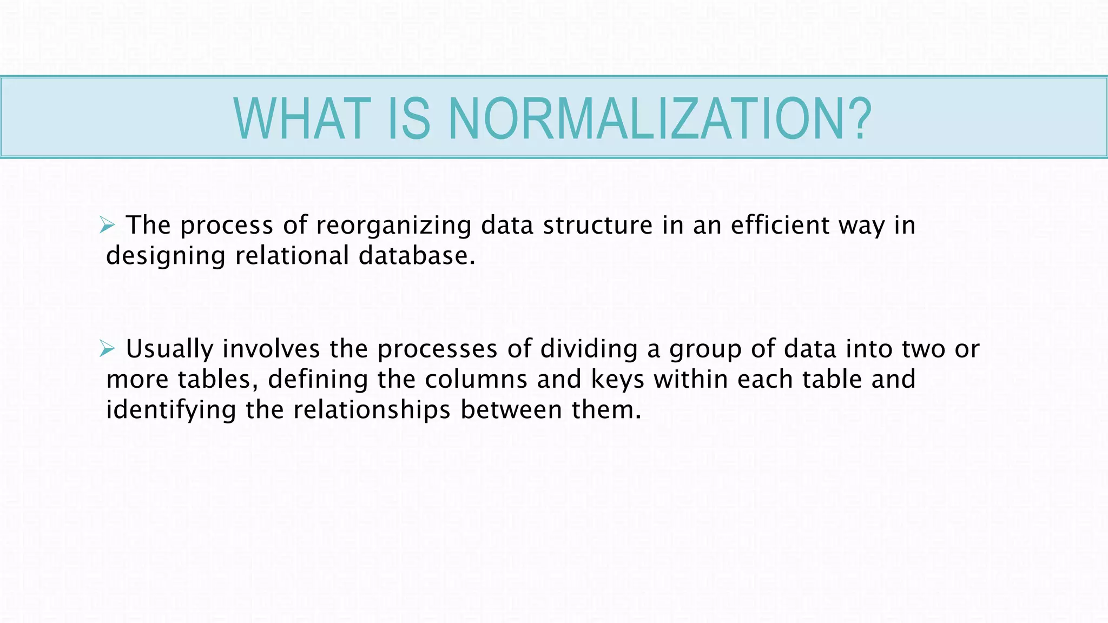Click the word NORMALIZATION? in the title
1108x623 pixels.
coord(659,118)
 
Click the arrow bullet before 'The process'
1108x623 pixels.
coord(107,225)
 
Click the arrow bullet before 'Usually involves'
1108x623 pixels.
coord(107,349)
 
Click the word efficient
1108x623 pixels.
coord(780,225)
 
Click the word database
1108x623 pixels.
coord(417,255)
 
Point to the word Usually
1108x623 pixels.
coord(169,350)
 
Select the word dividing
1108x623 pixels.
coord(589,350)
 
